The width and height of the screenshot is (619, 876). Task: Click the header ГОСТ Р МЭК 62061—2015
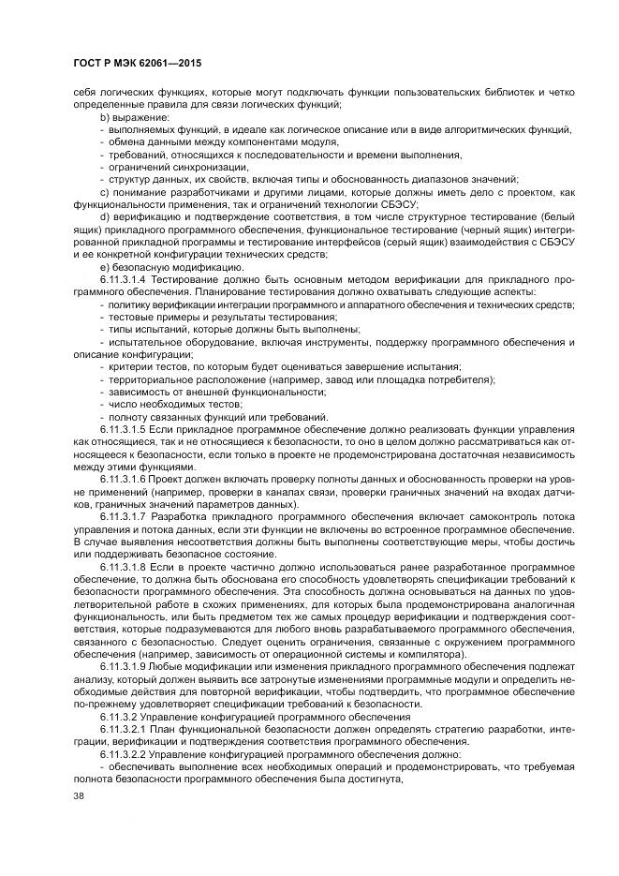coord(138,64)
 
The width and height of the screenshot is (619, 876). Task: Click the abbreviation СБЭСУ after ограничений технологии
coord(398,204)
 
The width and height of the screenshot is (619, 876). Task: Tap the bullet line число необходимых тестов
coord(155,405)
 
